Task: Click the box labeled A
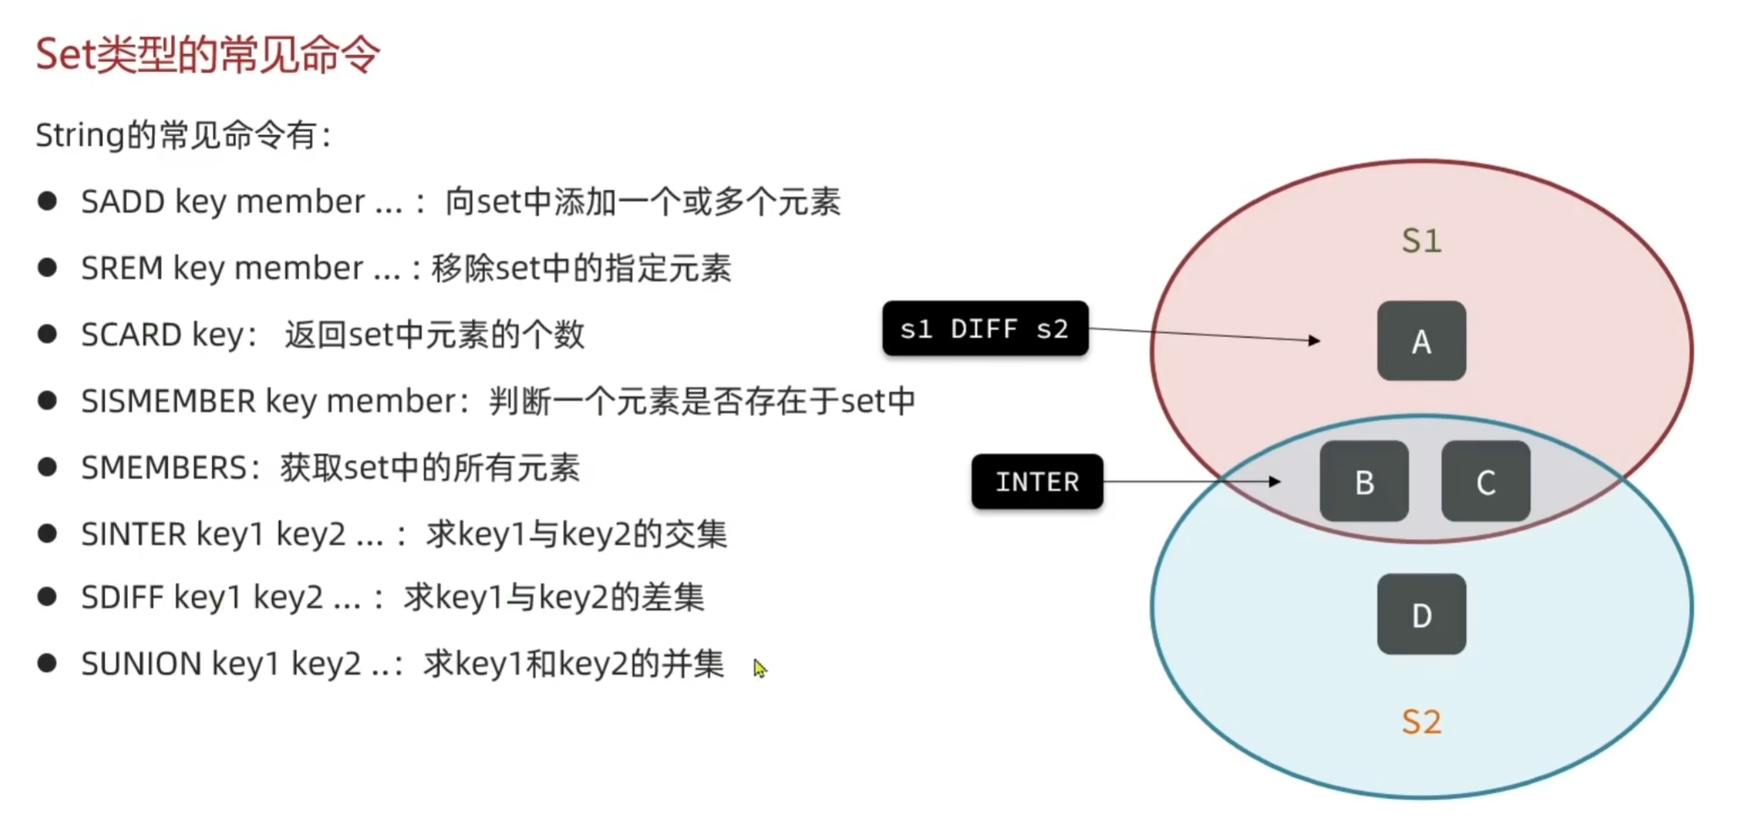(1420, 341)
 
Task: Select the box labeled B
(1363, 482)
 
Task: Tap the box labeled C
(1485, 482)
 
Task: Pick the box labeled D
(1420, 614)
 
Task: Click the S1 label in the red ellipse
(1420, 241)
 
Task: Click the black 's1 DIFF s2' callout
(984, 329)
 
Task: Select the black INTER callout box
(1037, 482)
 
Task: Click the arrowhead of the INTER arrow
(1275, 482)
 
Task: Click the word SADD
(123, 202)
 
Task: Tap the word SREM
(122, 269)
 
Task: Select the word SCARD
(131, 335)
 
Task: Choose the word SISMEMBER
(168, 401)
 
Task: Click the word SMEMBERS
(163, 468)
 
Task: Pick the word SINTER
(134, 534)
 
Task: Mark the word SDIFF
(123, 598)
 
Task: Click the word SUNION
(141, 664)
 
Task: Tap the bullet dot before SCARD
(47, 334)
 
